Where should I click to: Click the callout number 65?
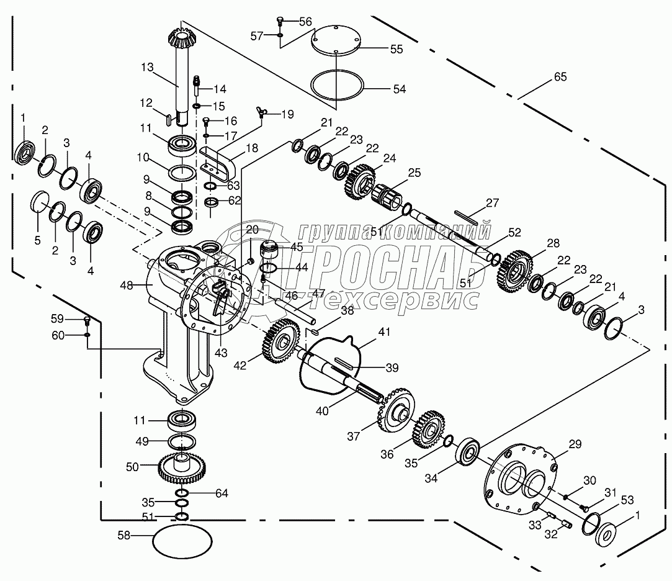point(560,78)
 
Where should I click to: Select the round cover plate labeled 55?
point(334,42)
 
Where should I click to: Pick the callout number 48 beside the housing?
point(127,285)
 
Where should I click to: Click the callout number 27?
point(492,203)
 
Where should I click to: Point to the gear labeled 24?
point(359,180)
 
